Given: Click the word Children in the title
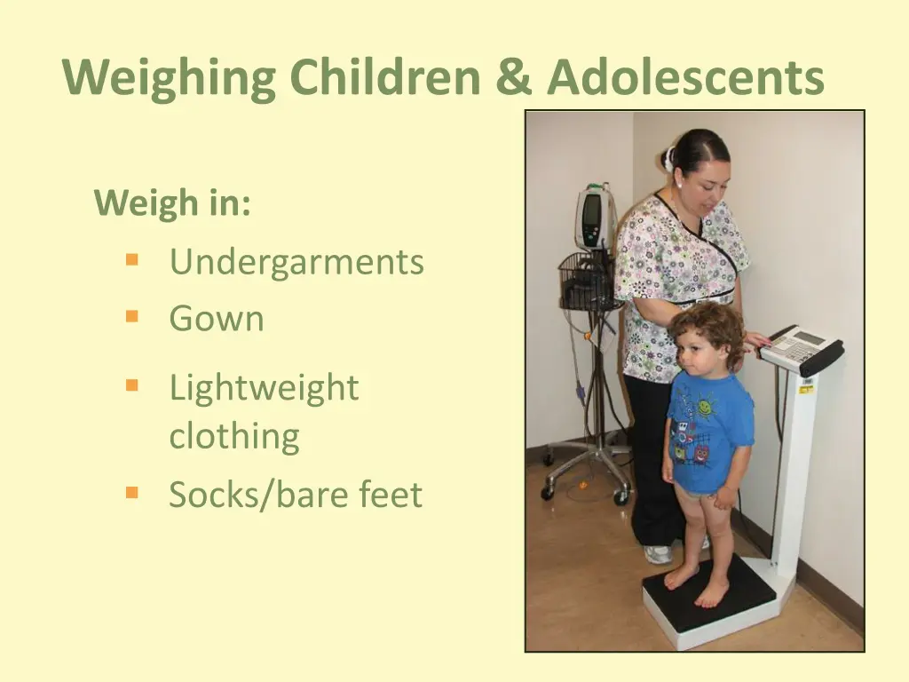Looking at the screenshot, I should tap(386, 77).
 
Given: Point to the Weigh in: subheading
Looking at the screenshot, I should tap(173, 203).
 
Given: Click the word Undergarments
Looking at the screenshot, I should tap(296, 262).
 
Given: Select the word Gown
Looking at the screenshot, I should tap(217, 318).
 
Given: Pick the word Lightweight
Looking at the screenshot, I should tap(264, 388).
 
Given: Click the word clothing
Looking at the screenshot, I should tap(234, 436).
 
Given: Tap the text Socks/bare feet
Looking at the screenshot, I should tap(296, 495).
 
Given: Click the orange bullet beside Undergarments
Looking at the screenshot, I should tap(132, 260).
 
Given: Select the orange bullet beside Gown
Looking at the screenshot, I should tap(132, 316).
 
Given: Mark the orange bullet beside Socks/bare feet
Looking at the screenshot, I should tap(132, 492).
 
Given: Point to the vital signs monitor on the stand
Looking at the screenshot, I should tap(595, 217).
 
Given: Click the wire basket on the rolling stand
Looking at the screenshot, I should tap(587, 282).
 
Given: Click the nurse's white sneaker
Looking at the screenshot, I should tap(658, 554).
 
